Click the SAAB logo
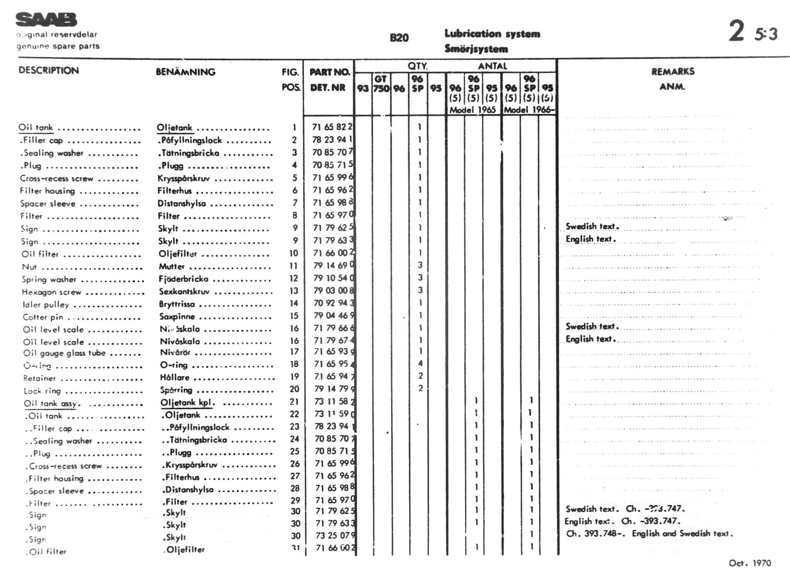(x=46, y=20)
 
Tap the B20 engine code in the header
(x=399, y=38)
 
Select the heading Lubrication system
(x=492, y=33)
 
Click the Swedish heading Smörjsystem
(x=476, y=49)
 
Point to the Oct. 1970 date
(x=750, y=563)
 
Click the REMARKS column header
(x=673, y=72)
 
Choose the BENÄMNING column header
(x=185, y=72)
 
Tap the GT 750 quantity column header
(x=381, y=84)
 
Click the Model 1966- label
(x=529, y=109)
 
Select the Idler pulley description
(x=46, y=304)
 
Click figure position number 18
(x=294, y=364)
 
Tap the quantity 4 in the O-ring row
(x=420, y=363)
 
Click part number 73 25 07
(x=334, y=535)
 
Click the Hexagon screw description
(x=52, y=292)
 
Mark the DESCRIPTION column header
(x=49, y=70)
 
